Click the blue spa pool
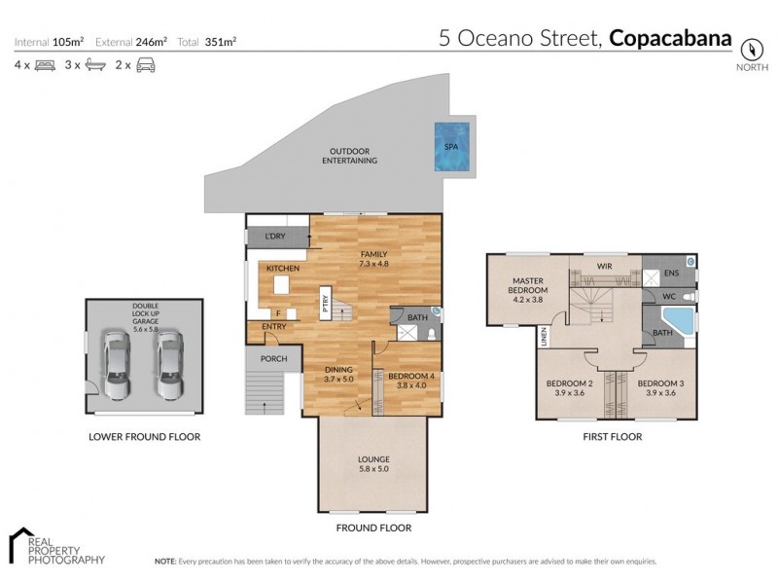451,147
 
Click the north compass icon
750,49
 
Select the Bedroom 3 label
660,388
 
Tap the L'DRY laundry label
275,237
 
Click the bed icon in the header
45,65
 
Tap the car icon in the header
146,65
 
